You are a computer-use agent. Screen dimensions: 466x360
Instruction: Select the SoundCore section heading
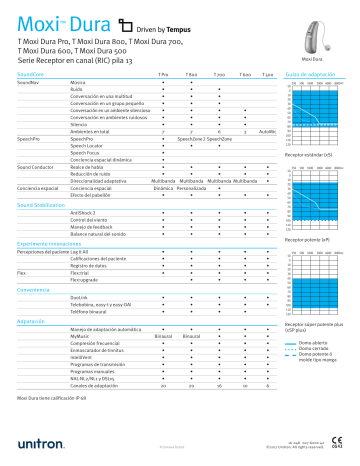[31, 75]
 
